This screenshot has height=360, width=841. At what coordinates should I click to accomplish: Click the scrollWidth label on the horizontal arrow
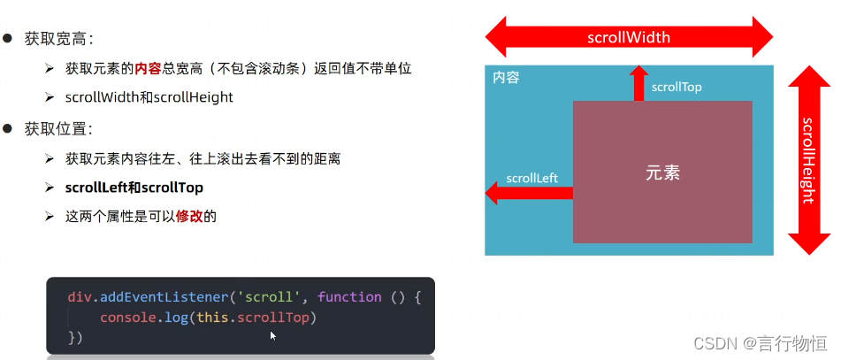tap(629, 37)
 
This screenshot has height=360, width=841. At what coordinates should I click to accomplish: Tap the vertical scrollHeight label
tap(807, 160)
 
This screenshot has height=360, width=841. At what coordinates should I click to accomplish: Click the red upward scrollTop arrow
tap(638, 83)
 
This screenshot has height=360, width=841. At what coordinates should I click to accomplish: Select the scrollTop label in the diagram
tap(677, 88)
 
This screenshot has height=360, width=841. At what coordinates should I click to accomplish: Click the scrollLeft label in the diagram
tap(531, 178)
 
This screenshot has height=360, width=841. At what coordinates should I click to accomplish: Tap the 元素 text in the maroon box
tap(662, 173)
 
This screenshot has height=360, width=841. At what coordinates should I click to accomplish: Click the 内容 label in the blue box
tap(506, 78)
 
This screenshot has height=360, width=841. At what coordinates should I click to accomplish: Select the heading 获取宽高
tap(58, 39)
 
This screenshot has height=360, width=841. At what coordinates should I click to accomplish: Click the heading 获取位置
tap(58, 129)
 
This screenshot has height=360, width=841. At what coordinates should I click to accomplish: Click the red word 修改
tap(189, 216)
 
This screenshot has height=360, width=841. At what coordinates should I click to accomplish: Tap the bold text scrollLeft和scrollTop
tap(134, 188)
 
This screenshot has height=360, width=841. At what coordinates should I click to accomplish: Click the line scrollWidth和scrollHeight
tap(149, 97)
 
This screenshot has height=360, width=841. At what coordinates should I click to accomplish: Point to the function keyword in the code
tap(349, 297)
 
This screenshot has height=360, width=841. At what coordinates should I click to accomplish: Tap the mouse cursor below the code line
tap(273, 336)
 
